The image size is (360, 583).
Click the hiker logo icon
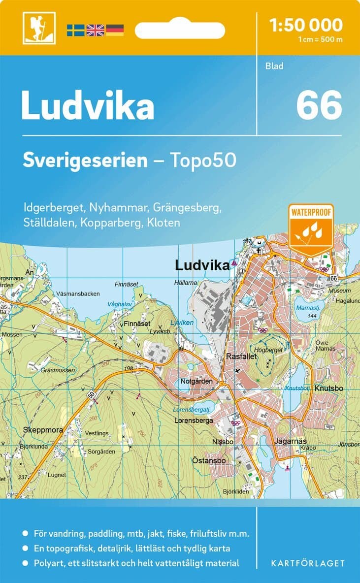[x=39, y=28]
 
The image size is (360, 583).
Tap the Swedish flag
[x=76, y=30]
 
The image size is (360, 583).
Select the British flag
[x=95, y=30]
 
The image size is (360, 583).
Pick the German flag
[x=115, y=30]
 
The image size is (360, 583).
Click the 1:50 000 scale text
[x=306, y=25]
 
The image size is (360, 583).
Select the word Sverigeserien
[x=85, y=160]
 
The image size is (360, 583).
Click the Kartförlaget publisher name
[x=308, y=563]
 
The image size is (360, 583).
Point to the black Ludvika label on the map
[x=202, y=265]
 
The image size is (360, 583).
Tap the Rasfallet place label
[x=239, y=355]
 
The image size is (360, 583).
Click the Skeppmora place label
[x=43, y=430]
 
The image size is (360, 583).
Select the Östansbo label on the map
[x=209, y=461]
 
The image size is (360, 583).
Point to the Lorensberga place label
[x=194, y=421]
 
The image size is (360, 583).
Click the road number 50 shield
[x=91, y=394]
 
